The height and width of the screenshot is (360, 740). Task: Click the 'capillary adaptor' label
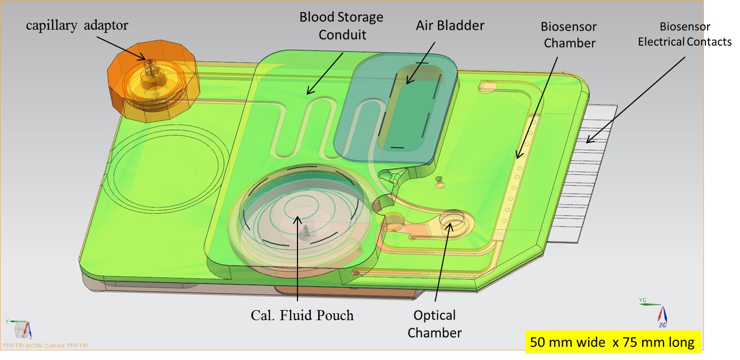(78, 25)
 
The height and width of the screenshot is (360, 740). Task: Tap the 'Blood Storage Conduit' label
(341, 25)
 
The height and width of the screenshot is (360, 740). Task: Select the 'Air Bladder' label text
(450, 25)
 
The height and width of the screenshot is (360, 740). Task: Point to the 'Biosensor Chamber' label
(568, 35)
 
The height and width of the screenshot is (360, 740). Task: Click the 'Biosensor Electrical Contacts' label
(684, 34)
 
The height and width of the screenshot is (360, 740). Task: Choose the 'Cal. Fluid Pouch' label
(302, 315)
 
